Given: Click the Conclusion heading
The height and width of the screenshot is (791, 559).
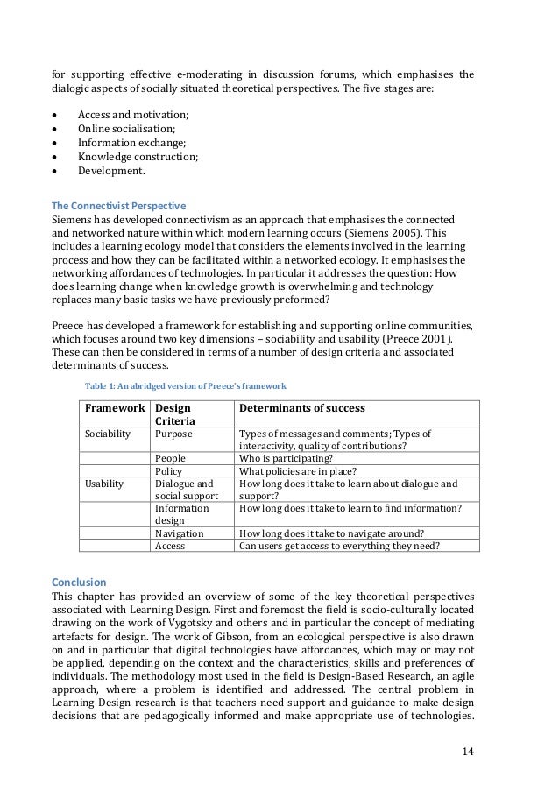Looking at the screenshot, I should (79, 581).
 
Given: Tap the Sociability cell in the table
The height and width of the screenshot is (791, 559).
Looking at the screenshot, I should (108, 433).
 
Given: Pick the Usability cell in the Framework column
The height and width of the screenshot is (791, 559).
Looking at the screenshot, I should (104, 483).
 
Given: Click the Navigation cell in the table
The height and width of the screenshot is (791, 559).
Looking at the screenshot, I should (179, 533).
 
